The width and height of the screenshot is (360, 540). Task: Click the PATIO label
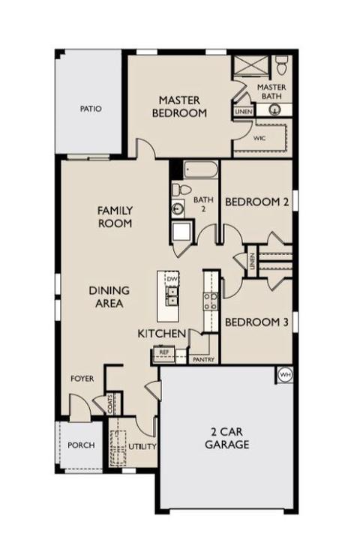click(91, 109)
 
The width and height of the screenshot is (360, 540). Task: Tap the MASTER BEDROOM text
click(179, 106)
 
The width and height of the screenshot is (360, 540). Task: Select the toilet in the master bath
click(282, 65)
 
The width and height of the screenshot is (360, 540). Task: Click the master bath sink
click(274, 109)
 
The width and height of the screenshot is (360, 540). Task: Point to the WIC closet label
click(259, 138)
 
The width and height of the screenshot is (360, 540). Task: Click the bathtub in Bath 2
click(201, 169)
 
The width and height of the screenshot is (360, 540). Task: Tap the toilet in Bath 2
click(181, 189)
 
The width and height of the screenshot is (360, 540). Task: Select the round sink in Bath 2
click(178, 208)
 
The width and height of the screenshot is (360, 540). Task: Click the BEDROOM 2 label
click(256, 202)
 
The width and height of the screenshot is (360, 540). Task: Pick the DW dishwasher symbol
click(171, 279)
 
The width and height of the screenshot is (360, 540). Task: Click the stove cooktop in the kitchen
click(211, 301)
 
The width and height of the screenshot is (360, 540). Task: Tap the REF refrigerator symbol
click(163, 352)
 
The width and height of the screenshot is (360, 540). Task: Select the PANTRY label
click(203, 359)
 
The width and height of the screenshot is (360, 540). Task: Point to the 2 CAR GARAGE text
click(227, 438)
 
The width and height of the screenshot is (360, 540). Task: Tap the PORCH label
click(81, 445)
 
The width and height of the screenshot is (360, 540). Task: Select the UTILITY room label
click(142, 447)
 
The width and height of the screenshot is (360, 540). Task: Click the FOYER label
click(82, 379)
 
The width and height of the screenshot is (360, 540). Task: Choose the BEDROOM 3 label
click(256, 322)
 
